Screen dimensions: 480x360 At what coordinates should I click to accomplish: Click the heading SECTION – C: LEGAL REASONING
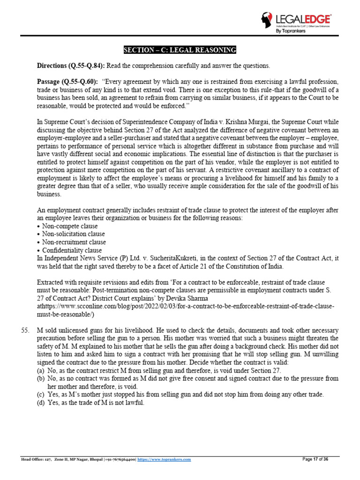pyautogui.click(x=180, y=50)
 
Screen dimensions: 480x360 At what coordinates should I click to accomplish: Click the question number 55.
pyautogui.click(x=26, y=331)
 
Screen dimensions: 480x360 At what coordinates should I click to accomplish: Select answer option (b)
pyautogui.click(x=42, y=379)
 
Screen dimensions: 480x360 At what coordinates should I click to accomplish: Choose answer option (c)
pyautogui.click(x=42, y=395)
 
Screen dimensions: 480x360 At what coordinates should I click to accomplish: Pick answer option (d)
pyautogui.click(x=42, y=403)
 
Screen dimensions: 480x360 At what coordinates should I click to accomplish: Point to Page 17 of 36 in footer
pyautogui.click(x=315, y=459)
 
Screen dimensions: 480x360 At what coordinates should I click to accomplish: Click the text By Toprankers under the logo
pyautogui.click(x=290, y=31)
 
